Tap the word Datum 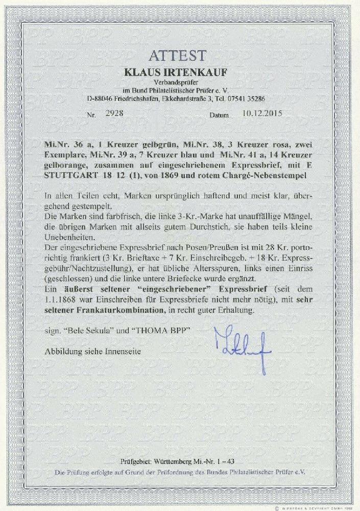click(220, 115)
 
